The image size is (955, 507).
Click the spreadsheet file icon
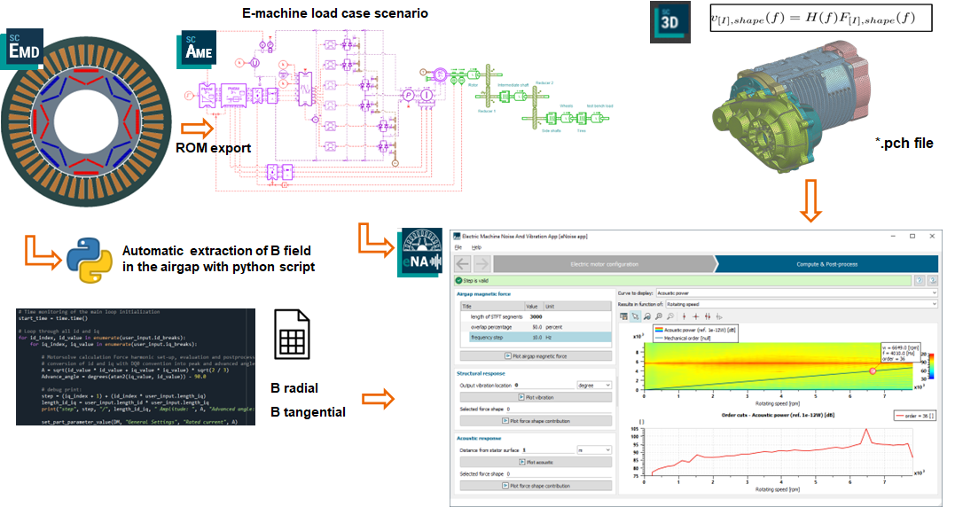[x=293, y=333]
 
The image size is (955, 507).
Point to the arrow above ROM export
[x=196, y=129]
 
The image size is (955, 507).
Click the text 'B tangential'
[x=308, y=411]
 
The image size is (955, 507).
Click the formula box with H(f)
[x=820, y=19]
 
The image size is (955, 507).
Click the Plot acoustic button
[x=534, y=462]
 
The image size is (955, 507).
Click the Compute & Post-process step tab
[x=825, y=263]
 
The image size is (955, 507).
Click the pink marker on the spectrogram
[x=873, y=370]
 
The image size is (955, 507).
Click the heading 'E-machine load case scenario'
[x=323, y=13]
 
